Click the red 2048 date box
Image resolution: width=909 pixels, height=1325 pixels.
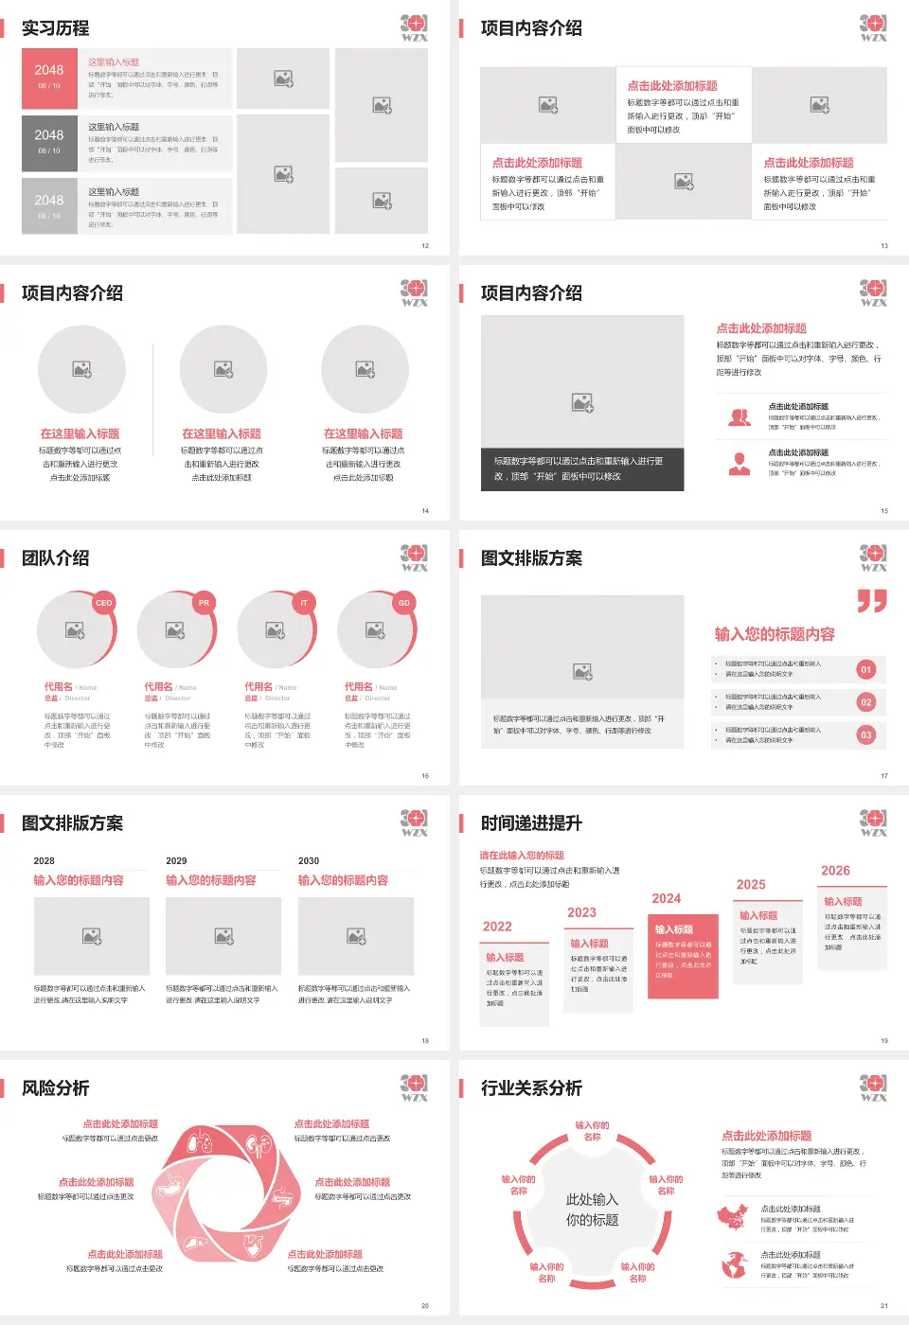[x=49, y=78]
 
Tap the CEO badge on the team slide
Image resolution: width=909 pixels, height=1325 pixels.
[x=103, y=603]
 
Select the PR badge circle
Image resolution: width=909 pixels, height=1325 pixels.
[x=204, y=603]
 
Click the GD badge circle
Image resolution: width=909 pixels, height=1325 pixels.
[x=404, y=603]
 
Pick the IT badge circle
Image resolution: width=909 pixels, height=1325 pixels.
[x=304, y=603]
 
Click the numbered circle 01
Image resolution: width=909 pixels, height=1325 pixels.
[x=865, y=669]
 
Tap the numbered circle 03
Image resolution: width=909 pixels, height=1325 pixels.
[x=865, y=734]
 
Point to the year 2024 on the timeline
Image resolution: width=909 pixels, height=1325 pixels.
[x=667, y=899]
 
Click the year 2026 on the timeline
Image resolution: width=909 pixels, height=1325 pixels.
[x=835, y=871]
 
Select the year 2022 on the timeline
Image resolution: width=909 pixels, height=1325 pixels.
[x=497, y=927]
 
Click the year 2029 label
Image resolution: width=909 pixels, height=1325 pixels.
[x=176, y=861]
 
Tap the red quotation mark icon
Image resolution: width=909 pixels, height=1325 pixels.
[x=872, y=601]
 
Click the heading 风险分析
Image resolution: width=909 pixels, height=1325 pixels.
[x=56, y=1088]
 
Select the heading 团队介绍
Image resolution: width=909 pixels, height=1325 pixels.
[x=56, y=558]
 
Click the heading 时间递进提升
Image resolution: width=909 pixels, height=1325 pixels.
[x=531, y=823]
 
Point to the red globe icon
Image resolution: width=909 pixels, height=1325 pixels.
[x=734, y=1264]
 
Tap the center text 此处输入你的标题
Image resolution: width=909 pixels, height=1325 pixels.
[x=593, y=1210]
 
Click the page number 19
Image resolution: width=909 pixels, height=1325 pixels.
[x=884, y=1041]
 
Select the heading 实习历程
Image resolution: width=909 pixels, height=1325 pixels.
[x=56, y=28]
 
